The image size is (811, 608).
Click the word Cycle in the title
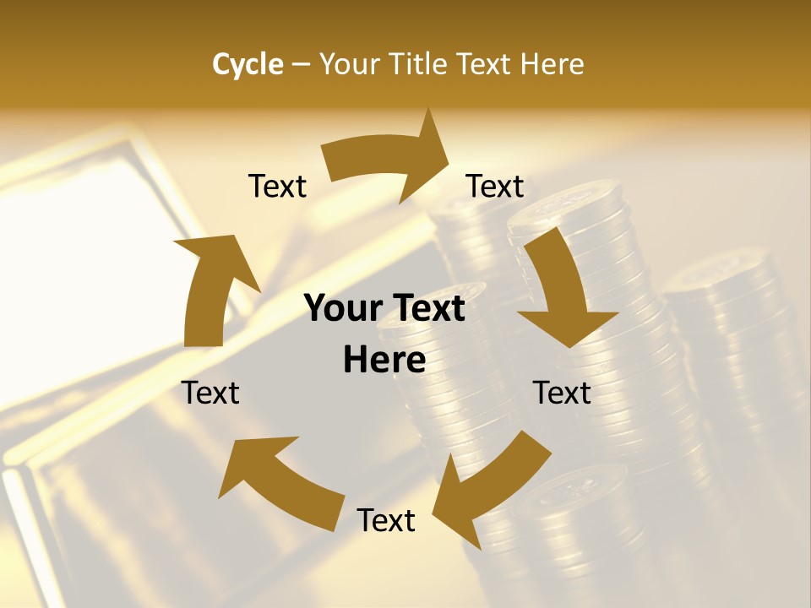click(248, 64)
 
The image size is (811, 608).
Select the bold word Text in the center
click(427, 308)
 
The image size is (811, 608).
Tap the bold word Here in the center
click(384, 360)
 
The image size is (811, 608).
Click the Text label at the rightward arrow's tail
click(277, 187)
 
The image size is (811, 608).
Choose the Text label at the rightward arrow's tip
click(495, 187)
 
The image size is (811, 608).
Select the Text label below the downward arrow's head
click(562, 393)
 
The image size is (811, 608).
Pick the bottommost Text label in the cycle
click(386, 520)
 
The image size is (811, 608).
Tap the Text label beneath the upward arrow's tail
click(210, 393)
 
